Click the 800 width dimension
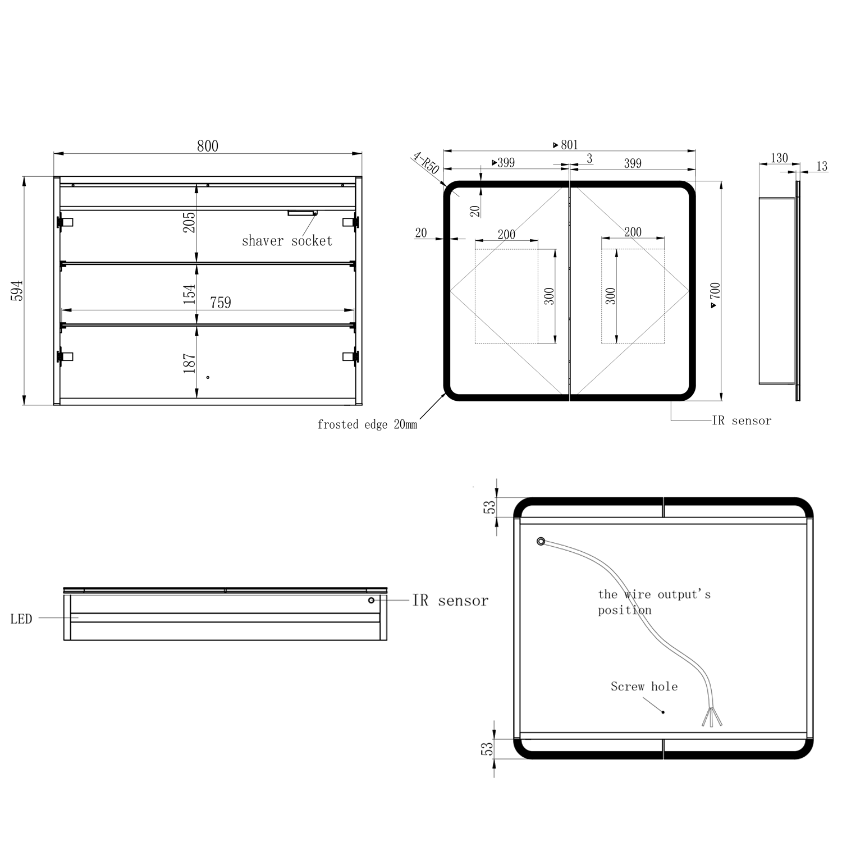coord(207,146)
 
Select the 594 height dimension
coord(17,290)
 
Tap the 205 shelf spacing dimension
coord(189,222)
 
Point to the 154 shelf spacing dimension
coord(189,294)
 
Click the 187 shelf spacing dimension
coord(189,363)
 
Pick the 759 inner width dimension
coord(221,303)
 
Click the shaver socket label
coord(287,241)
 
